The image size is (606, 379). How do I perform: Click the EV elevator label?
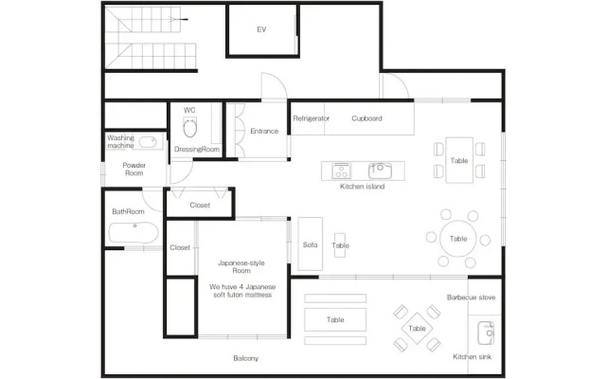point(261,29)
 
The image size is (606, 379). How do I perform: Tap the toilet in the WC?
point(189,128)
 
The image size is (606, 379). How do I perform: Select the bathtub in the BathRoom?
point(134,232)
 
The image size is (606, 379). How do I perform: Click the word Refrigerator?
point(312,118)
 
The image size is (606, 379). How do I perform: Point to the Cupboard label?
point(366,118)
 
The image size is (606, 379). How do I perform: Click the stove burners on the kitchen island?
point(341,171)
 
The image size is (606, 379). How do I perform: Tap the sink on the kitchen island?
point(380,171)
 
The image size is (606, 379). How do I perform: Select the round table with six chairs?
point(458,239)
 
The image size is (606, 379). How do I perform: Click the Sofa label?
point(310,244)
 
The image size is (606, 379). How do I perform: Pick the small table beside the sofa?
point(340,244)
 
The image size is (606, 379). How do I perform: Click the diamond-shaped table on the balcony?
point(417,329)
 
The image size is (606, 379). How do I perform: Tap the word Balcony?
point(246,358)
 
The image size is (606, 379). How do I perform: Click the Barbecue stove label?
point(472,298)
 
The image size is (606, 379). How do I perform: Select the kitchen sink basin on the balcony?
point(486,333)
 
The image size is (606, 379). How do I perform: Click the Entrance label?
point(264,131)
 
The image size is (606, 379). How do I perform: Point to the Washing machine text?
point(121,141)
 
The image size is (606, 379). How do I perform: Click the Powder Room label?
point(134,169)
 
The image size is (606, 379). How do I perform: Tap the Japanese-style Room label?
point(241,267)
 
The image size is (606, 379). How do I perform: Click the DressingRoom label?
point(197,150)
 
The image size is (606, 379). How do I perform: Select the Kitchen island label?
point(362,187)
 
